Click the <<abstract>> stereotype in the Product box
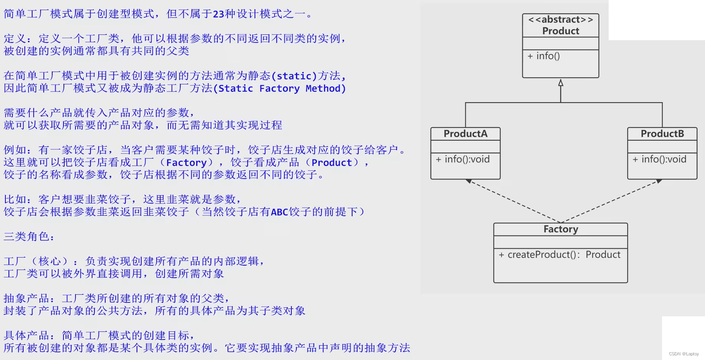pyautogui.click(x=560, y=19)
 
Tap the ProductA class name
pyautogui.click(x=465, y=134)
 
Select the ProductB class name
pyautogui.click(x=662, y=134)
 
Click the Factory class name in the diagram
pyautogui.click(x=561, y=229)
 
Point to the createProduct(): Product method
pyautogui.click(x=560, y=255)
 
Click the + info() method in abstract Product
pyautogui.click(x=544, y=56)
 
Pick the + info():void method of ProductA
pyautogui.click(x=463, y=159)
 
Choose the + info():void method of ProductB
pyautogui.click(x=660, y=159)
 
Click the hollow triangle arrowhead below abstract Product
pyautogui.click(x=561, y=83)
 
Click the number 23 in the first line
pyautogui.click(x=219, y=14)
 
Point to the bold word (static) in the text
pyautogui.click(x=294, y=76)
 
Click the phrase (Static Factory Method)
pyautogui.click(x=279, y=89)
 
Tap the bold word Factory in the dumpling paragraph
pyautogui.click(x=186, y=163)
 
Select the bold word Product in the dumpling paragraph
pyautogui.click(x=332, y=163)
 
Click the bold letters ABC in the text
pyautogui.click(x=279, y=212)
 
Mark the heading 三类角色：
pyautogui.click(x=29, y=237)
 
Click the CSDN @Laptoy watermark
pyautogui.click(x=684, y=354)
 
